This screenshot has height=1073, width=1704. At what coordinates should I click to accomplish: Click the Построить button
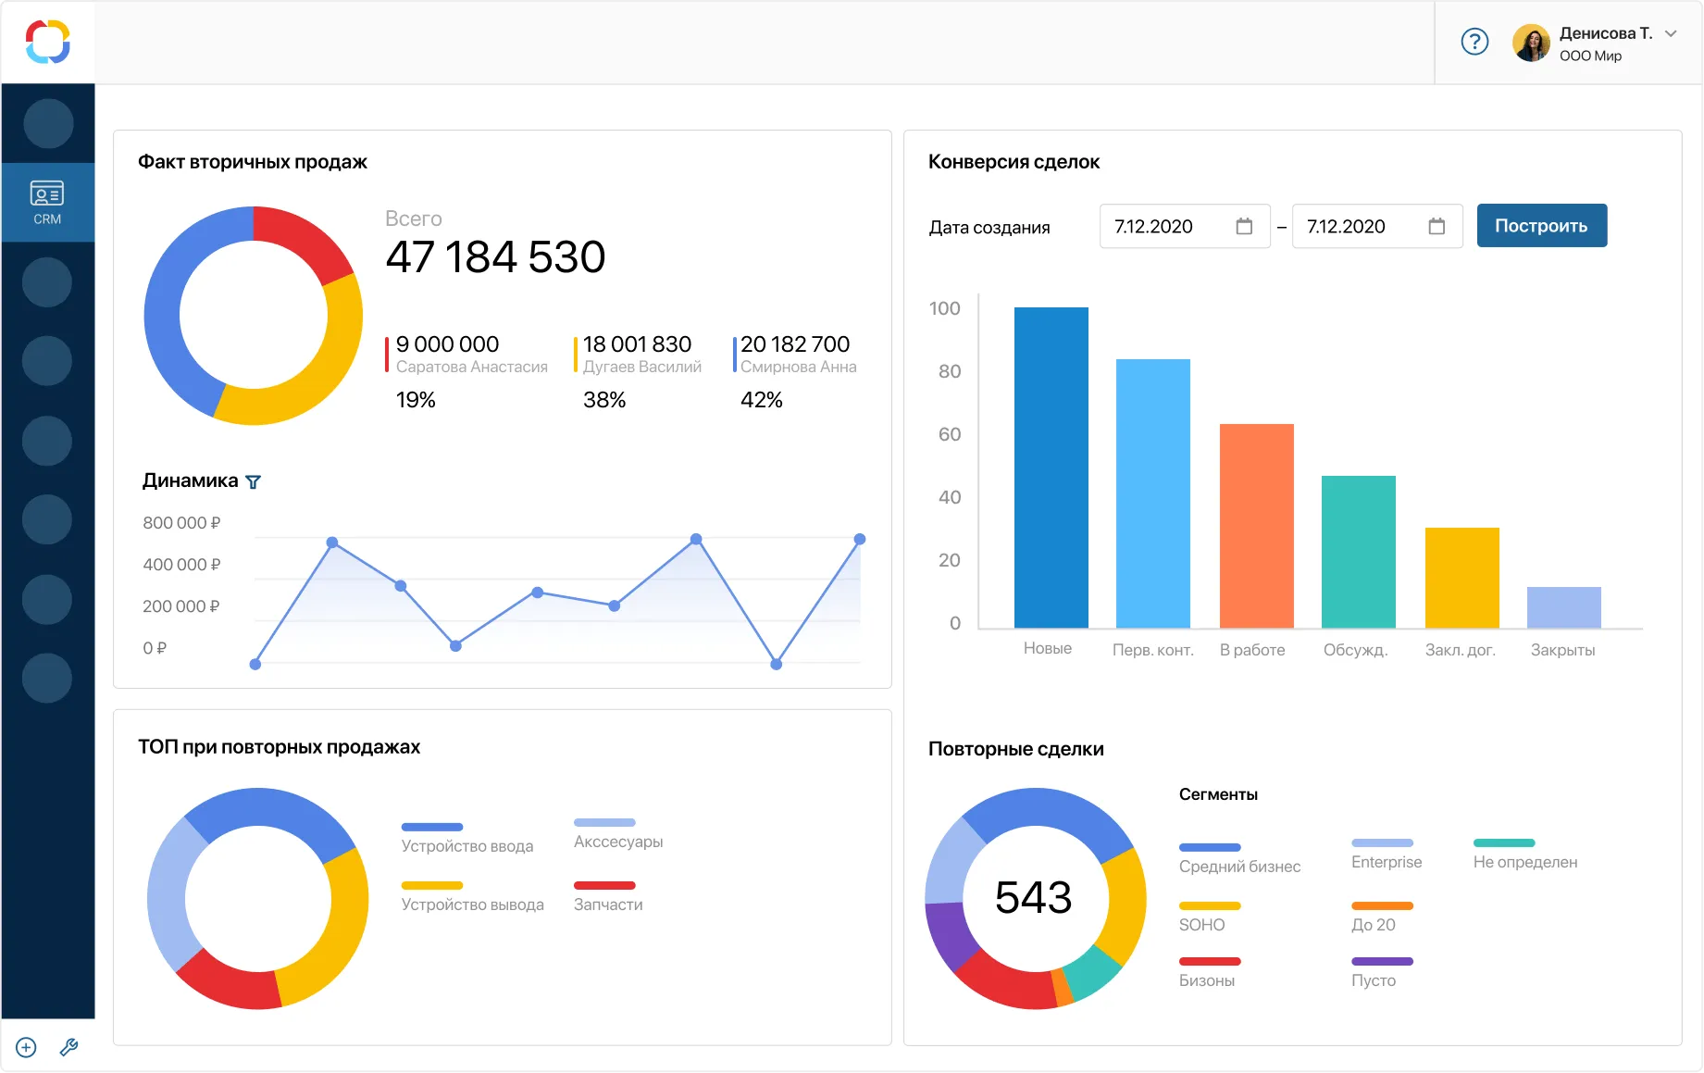click(x=1541, y=226)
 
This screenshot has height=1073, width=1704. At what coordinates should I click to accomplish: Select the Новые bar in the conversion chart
click(x=1051, y=468)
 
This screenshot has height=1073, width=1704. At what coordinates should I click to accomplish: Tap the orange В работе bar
click(x=1256, y=526)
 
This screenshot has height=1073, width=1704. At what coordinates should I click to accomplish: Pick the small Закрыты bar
click(x=1563, y=607)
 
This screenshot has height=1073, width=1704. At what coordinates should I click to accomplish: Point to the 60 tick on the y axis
click(x=949, y=434)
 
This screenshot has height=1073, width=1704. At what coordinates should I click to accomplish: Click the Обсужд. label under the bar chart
click(x=1355, y=650)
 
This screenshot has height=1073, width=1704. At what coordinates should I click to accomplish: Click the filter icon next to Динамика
click(x=253, y=482)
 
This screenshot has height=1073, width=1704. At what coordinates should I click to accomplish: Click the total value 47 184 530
click(x=495, y=257)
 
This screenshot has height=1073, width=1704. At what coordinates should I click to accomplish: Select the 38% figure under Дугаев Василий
click(x=604, y=400)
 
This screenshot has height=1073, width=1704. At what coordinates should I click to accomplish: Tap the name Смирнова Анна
click(x=798, y=368)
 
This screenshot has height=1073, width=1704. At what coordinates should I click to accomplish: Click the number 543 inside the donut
click(x=1033, y=897)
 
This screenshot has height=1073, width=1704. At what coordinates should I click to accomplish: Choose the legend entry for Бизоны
click(x=1207, y=980)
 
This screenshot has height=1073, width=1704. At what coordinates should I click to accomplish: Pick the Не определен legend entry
click(x=1524, y=862)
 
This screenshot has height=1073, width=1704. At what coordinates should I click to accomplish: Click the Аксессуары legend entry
click(x=618, y=842)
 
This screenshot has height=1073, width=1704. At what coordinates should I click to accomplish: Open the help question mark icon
click(x=1474, y=42)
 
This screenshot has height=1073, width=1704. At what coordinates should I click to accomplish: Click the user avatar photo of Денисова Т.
click(x=1531, y=43)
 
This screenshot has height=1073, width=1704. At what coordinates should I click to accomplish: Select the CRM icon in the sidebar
click(x=47, y=202)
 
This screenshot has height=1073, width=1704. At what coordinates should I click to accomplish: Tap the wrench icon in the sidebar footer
click(x=68, y=1047)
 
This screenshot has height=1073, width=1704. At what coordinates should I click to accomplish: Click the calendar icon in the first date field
click(x=1244, y=227)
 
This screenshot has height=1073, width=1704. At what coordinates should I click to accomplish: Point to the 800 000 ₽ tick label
click(x=181, y=523)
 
